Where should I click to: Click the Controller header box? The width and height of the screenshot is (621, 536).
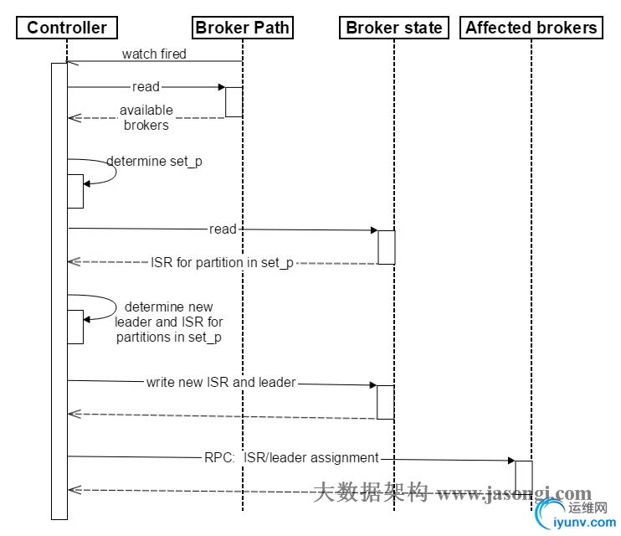click(x=67, y=28)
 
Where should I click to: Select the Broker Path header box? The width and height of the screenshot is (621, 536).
click(x=242, y=28)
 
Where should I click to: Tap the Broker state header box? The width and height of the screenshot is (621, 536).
click(x=393, y=28)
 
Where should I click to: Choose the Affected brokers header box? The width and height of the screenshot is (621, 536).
click(x=531, y=28)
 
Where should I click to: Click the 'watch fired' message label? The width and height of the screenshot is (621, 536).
click(x=154, y=54)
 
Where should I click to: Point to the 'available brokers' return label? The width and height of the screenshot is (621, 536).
click(x=146, y=117)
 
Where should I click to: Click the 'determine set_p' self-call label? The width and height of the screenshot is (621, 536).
click(x=154, y=162)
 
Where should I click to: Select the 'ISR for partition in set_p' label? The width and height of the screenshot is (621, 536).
click(x=222, y=263)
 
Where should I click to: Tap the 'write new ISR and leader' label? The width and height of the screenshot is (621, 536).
click(x=221, y=383)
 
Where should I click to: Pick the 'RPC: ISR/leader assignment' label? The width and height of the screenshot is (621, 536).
click(x=291, y=458)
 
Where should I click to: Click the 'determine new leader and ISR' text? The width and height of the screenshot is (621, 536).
click(x=169, y=322)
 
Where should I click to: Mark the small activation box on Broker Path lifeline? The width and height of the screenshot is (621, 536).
click(x=234, y=101)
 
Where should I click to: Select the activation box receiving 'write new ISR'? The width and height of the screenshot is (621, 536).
click(x=386, y=402)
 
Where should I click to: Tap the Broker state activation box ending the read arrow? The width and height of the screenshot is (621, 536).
click(x=386, y=247)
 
